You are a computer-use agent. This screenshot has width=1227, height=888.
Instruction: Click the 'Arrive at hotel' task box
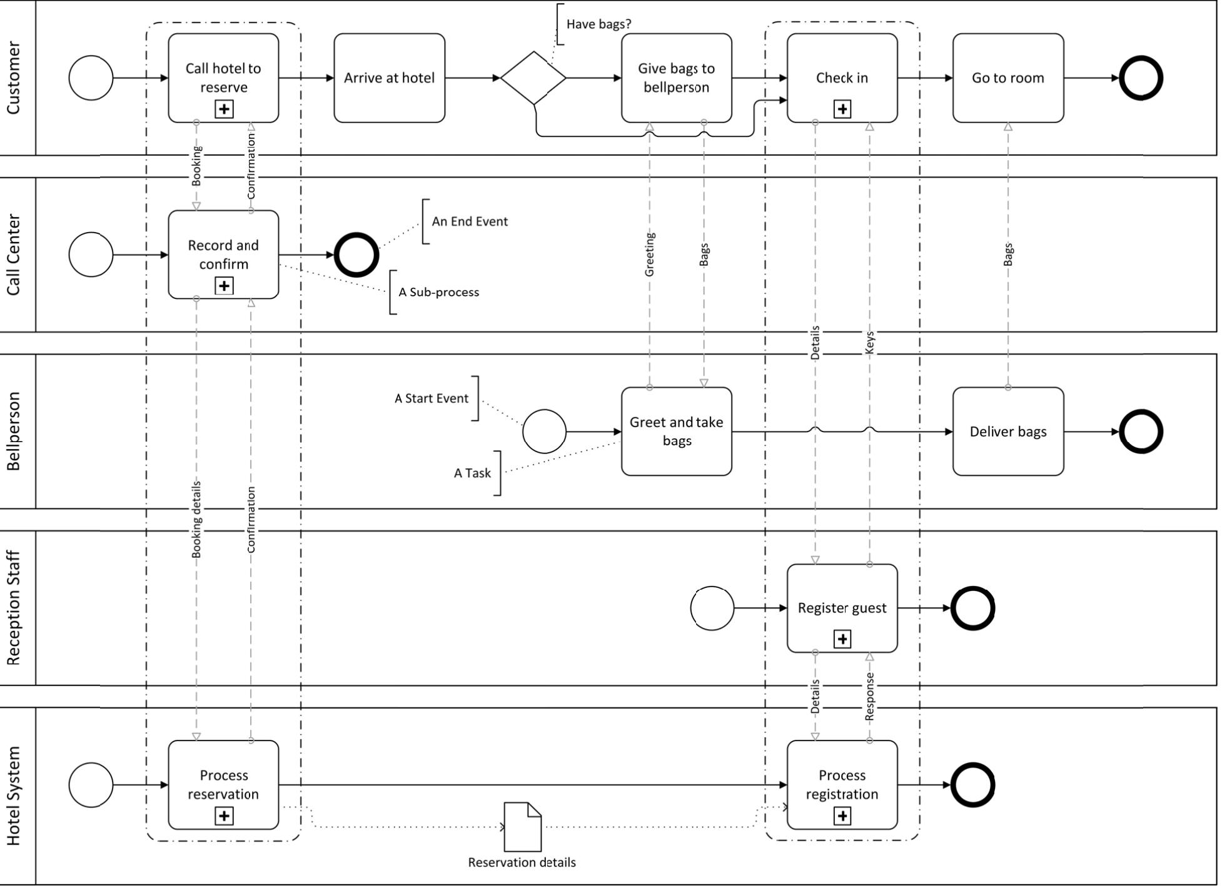[x=389, y=78]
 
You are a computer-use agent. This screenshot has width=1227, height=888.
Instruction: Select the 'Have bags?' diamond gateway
[x=533, y=78]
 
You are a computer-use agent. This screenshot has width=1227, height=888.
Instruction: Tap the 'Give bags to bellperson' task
[x=676, y=78]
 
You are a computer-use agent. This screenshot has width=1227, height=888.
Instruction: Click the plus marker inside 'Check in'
[x=842, y=109]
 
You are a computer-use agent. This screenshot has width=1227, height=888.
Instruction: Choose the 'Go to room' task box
[x=1007, y=78]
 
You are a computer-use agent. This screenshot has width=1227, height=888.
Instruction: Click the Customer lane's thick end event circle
[x=1140, y=78]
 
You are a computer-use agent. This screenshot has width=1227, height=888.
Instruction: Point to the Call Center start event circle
[x=91, y=255]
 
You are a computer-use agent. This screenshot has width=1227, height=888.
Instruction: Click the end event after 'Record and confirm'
[x=356, y=255]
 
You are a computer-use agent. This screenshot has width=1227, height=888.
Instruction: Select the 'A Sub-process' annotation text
[x=438, y=292]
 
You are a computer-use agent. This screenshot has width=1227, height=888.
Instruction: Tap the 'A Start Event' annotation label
[x=431, y=398]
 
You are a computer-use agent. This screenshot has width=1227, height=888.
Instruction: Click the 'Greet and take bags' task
[x=676, y=431]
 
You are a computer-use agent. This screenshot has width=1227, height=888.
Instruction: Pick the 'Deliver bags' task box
[x=1007, y=431]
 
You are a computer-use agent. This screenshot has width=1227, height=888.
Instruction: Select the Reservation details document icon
[x=522, y=827]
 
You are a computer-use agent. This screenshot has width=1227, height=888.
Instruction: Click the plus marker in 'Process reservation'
[x=224, y=816]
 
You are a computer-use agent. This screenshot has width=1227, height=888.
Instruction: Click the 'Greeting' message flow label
[x=649, y=255]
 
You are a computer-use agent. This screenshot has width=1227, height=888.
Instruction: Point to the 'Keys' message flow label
[x=869, y=343]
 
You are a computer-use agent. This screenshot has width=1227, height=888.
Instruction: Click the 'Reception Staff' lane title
[x=14, y=608]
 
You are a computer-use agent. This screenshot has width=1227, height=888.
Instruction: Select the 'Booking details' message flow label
[x=196, y=519]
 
